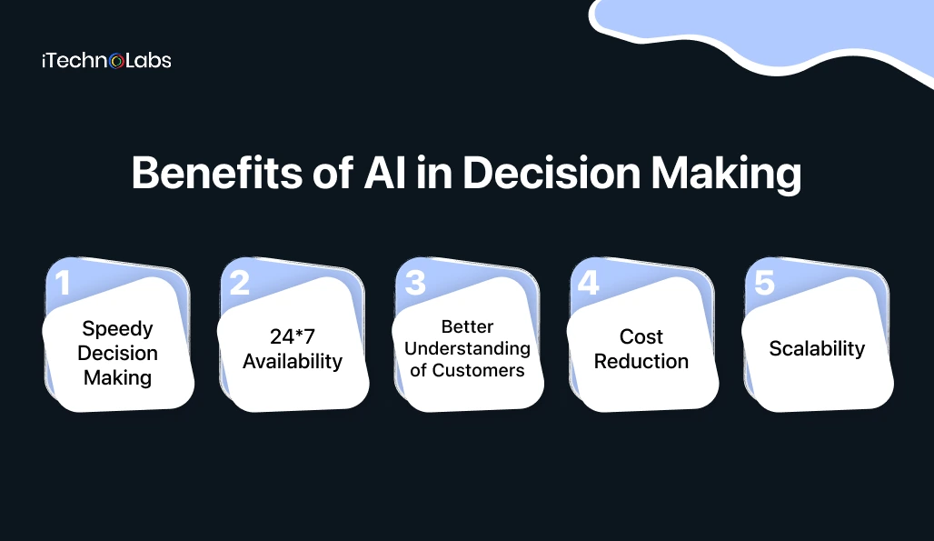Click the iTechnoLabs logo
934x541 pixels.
(x=106, y=61)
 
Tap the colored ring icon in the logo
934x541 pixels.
(x=117, y=62)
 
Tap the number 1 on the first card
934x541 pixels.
(x=61, y=283)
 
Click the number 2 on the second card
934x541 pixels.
(x=239, y=283)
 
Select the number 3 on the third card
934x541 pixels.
(x=415, y=283)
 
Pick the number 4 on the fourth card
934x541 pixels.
(x=589, y=283)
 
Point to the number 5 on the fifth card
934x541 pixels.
(x=765, y=283)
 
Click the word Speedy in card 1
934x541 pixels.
(x=117, y=328)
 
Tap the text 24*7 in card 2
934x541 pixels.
(x=292, y=337)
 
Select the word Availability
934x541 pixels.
(x=292, y=361)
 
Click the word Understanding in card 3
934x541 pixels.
(x=467, y=348)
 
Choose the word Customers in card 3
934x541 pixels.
(x=478, y=370)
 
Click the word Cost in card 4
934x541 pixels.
(x=641, y=337)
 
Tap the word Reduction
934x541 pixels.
(x=641, y=361)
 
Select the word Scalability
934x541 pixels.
(x=817, y=349)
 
